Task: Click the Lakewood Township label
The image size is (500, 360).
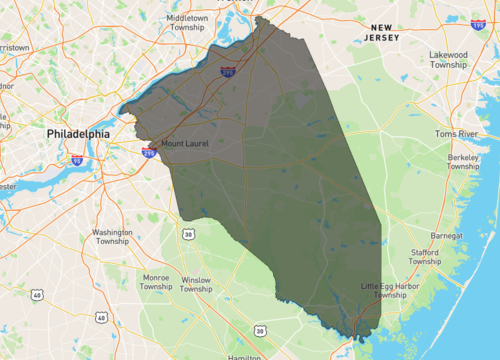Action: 449,59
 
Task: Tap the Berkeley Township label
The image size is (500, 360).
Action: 463,162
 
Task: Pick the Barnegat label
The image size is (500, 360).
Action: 445,236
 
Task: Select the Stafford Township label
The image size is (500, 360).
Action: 425,257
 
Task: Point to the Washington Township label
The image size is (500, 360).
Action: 112,236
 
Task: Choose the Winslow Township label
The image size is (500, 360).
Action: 196,284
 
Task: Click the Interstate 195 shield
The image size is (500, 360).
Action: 478,21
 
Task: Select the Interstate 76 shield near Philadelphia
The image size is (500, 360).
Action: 77,160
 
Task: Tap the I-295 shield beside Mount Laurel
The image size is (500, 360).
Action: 149,151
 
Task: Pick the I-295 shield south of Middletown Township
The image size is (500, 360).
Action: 229,72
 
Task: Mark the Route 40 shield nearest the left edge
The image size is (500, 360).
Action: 37,295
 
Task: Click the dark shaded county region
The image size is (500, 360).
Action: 290,190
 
